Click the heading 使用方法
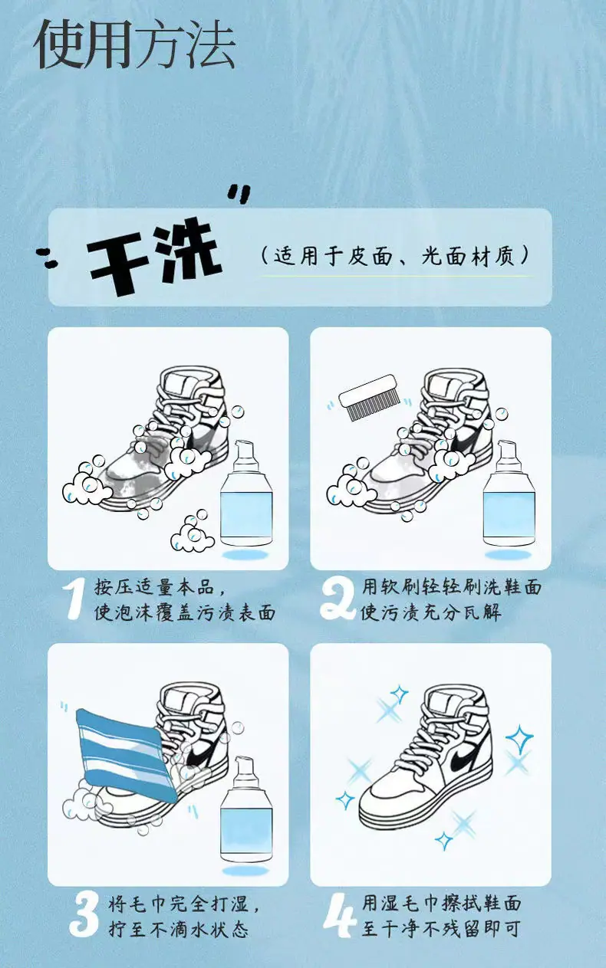click(134, 44)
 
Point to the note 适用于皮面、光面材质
click(395, 256)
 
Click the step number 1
click(74, 600)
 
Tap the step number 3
click(85, 914)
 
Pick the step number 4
click(340, 915)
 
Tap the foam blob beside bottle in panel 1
click(193, 533)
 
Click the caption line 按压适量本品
click(160, 587)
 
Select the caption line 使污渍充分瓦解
click(431, 612)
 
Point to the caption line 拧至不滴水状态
click(178, 928)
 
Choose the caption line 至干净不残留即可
click(440, 928)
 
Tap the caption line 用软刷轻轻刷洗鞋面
click(452, 587)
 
